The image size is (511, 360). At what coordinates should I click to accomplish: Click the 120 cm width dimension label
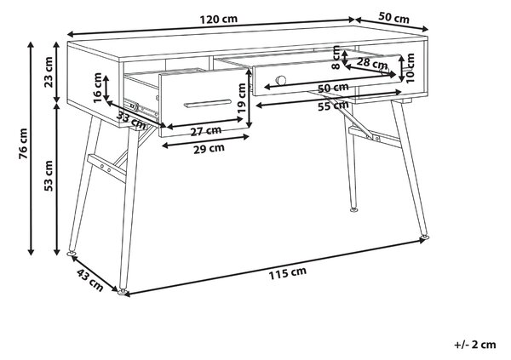[218, 20]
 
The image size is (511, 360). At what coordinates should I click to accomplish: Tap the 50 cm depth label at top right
[393, 17]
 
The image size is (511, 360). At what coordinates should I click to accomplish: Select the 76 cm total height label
[24, 144]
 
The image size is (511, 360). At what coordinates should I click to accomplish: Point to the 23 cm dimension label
[49, 72]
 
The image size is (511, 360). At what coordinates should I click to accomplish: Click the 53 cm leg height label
[49, 176]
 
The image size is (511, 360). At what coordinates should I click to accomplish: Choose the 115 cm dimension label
[288, 273]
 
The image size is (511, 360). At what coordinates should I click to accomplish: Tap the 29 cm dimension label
[209, 149]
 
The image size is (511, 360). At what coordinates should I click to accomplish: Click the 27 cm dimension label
[206, 131]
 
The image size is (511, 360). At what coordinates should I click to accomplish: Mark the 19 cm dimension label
[242, 98]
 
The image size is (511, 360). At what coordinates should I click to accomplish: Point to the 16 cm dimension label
[97, 88]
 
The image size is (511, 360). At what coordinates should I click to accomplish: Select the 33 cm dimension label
[132, 121]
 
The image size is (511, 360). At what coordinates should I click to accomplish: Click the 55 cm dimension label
[333, 106]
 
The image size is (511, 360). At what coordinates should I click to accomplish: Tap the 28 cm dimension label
[372, 62]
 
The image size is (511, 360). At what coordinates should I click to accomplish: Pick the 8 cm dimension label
[336, 58]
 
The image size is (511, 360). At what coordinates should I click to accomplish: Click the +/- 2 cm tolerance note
[475, 345]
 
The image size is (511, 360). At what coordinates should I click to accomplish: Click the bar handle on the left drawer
[208, 103]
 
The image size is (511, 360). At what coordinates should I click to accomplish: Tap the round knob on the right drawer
[281, 80]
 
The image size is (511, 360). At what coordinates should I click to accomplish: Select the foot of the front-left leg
[122, 291]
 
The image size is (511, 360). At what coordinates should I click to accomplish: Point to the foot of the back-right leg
[354, 209]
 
